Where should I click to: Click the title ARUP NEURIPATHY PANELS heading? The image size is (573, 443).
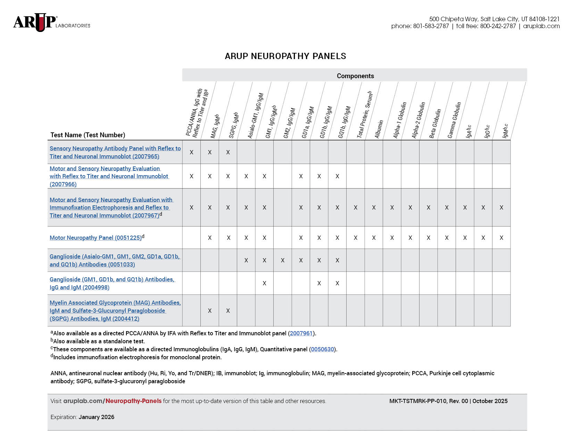click(285, 56)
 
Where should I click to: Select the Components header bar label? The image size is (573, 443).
click(355, 76)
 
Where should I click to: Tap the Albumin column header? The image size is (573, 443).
click(379, 129)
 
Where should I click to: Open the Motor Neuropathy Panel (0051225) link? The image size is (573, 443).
click(95, 238)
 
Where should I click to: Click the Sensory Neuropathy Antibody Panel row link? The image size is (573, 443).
click(115, 153)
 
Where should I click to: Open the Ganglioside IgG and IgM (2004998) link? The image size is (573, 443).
click(112, 284)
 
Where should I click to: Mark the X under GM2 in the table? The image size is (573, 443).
click(283, 260)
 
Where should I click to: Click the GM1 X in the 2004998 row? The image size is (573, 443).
click(264, 284)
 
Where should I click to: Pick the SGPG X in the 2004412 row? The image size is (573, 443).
click(228, 311)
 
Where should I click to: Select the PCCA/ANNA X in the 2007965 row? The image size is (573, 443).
click(191, 153)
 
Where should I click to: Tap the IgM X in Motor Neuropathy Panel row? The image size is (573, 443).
click(501, 238)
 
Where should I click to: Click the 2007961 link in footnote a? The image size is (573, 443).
click(301, 334)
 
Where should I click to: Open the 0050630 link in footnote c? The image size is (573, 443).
click(322, 350)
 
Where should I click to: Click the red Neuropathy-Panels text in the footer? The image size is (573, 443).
click(133, 401)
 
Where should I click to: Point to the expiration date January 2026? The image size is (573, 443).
click(97, 417)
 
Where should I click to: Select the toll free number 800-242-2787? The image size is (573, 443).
click(498, 26)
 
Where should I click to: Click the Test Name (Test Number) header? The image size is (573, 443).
click(88, 135)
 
